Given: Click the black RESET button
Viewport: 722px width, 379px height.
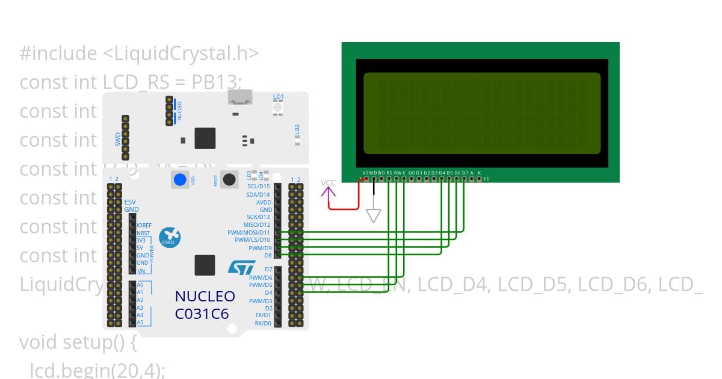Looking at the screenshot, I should click(229, 179).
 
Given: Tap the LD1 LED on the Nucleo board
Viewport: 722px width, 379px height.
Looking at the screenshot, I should click(278, 107).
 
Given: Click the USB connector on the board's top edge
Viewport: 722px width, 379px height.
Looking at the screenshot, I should click(239, 98).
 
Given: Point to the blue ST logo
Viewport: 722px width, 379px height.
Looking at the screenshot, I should click(241, 268).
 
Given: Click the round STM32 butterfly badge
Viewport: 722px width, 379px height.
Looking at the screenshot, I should click(171, 237).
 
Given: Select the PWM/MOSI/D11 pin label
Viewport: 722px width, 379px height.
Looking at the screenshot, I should click(249, 232).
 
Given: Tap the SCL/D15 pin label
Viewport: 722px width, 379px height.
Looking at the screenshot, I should click(258, 186).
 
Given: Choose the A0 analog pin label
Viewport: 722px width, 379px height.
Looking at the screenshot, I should click(140, 285).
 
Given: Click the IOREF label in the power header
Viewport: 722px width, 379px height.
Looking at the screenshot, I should click(144, 225).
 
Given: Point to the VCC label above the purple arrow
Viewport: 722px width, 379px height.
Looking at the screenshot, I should click(329, 183).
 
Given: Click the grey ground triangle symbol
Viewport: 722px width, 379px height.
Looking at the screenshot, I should click(374, 215).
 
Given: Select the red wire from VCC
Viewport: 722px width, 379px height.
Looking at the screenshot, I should click(343, 209).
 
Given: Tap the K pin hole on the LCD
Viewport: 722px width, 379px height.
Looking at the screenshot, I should click(479, 179).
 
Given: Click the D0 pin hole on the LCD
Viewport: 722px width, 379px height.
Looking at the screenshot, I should click(412, 179).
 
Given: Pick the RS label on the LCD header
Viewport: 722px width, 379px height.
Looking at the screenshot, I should click(389, 173).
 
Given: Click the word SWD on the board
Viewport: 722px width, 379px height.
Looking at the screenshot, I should click(118, 140).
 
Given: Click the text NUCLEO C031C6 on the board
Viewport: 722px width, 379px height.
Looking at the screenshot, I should click(205, 304).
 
